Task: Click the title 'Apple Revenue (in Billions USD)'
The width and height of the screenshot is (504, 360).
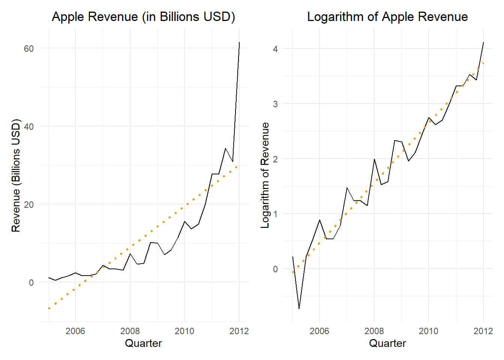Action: pyautogui.click(x=143, y=17)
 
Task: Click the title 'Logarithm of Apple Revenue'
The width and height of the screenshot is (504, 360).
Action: pyautogui.click(x=387, y=17)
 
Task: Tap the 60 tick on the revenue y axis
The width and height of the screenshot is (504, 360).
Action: pyautogui.click(x=28, y=48)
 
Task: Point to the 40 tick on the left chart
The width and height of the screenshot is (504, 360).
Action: pyautogui.click(x=28, y=126)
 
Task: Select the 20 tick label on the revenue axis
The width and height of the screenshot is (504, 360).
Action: pyautogui.click(x=28, y=204)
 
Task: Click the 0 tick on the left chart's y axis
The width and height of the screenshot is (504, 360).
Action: pyautogui.click(x=31, y=282)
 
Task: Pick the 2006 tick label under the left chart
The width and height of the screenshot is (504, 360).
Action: pyautogui.click(x=75, y=331)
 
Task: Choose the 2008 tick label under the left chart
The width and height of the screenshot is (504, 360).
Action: pyautogui.click(x=130, y=331)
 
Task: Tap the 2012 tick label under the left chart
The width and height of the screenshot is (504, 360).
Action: pyautogui.click(x=239, y=331)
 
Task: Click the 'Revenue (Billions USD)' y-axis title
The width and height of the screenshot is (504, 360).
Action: pyautogui.click(x=16, y=175)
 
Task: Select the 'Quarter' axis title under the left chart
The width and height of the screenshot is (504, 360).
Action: pyautogui.click(x=143, y=343)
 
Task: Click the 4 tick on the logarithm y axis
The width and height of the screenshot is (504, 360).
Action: pyautogui.click(x=275, y=49)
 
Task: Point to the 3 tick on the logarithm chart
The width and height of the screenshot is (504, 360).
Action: pyautogui.click(x=275, y=104)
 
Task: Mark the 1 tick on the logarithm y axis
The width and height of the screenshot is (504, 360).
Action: pyautogui.click(x=275, y=214)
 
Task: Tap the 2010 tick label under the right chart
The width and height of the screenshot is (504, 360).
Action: pyautogui.click(x=428, y=331)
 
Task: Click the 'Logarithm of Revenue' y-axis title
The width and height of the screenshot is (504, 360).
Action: pyautogui.click(x=265, y=175)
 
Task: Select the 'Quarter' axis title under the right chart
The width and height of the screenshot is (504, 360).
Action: pyautogui.click(x=387, y=343)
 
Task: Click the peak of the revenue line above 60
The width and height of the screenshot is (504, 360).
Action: pyautogui.click(x=239, y=42)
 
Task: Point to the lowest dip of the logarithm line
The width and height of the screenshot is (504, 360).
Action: pyautogui.click(x=299, y=309)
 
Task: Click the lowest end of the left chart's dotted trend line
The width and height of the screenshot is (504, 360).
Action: pyautogui.click(x=49, y=309)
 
